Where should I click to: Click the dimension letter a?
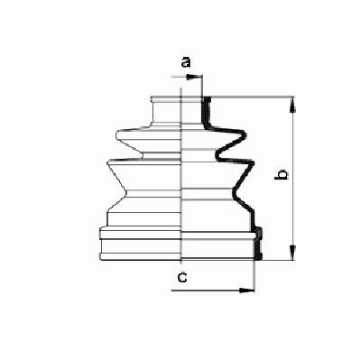tap(186, 62)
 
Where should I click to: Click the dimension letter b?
tap(282, 174)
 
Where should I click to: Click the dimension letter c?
tap(182, 277)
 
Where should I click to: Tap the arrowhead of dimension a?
tap(193, 78)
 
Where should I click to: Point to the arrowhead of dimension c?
tap(246, 291)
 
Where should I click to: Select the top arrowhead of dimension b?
tap(292, 106)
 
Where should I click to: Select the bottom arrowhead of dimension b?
tap(292, 253)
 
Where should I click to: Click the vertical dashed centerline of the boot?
tap(181, 177)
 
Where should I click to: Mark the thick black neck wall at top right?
tap(206, 112)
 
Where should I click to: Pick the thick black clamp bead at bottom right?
tap(258, 243)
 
